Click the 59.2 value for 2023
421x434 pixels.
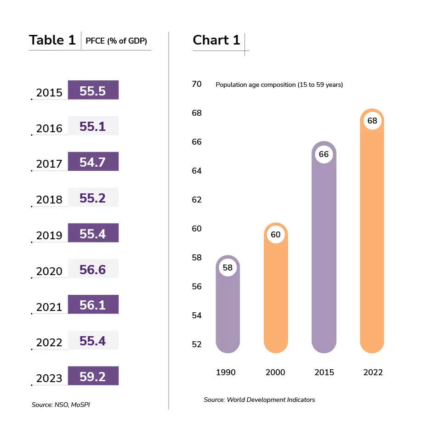(93, 377)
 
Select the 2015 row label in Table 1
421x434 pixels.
(49, 93)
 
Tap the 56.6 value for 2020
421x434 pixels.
(93, 270)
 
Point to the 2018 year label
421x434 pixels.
(49, 200)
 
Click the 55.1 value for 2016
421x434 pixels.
(93, 126)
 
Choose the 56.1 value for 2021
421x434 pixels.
(93, 305)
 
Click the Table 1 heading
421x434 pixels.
(52, 40)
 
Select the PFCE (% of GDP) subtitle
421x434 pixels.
(116, 41)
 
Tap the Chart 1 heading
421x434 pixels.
(216, 40)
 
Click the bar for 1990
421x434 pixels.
(228, 312)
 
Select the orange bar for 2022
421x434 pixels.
(372, 239)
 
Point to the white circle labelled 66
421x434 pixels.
(324, 154)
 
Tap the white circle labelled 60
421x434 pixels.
(275, 235)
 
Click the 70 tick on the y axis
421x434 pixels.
(197, 84)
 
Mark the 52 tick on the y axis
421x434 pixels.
(197, 344)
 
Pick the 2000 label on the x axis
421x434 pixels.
(275, 372)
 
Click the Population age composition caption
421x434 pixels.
(279, 85)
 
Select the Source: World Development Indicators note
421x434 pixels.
(259, 400)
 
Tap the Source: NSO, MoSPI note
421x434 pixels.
(61, 405)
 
